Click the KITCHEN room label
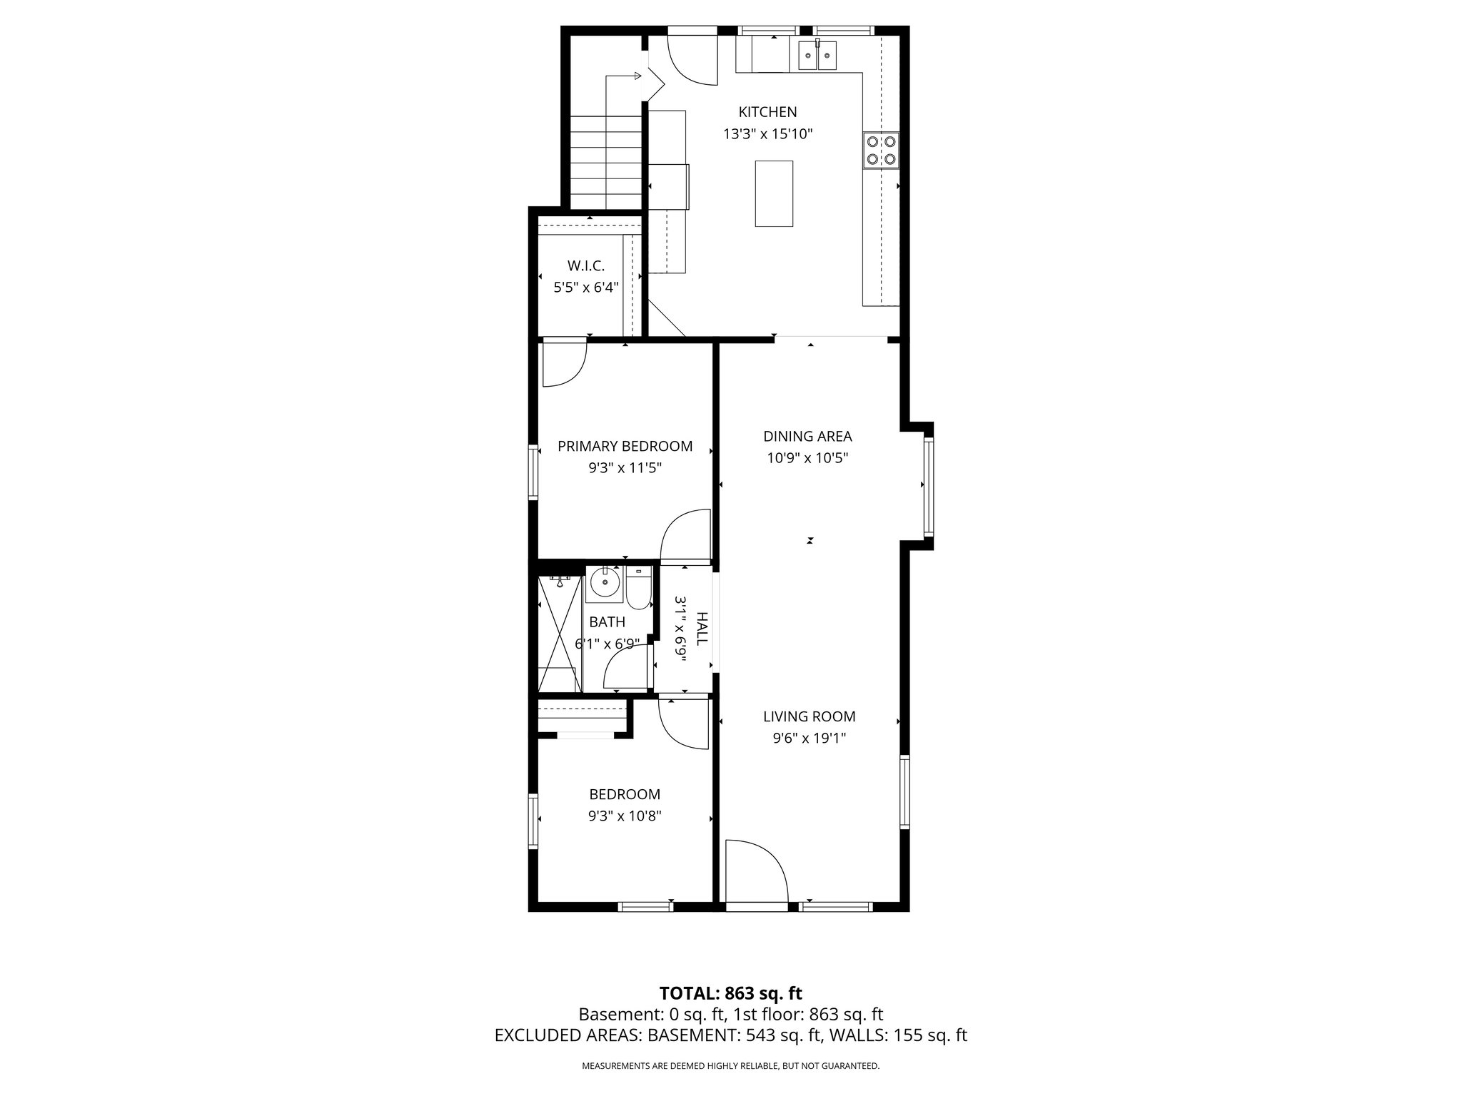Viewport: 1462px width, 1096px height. pyautogui.click(x=767, y=112)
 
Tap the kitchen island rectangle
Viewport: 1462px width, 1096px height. pyautogui.click(x=774, y=193)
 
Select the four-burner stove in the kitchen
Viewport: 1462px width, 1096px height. pyautogui.click(x=880, y=151)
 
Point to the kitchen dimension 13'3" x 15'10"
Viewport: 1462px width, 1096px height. pyautogui.click(x=767, y=134)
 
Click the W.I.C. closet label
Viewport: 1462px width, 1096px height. pyautogui.click(x=586, y=266)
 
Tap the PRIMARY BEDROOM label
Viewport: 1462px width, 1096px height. pyautogui.click(x=625, y=447)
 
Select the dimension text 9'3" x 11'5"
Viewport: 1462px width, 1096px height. pyautogui.click(x=625, y=469)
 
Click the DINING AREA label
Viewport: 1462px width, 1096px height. pyautogui.click(x=807, y=437)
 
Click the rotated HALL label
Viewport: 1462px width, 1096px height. pyautogui.click(x=702, y=628)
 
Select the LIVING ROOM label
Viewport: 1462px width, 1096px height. pyautogui.click(x=809, y=717)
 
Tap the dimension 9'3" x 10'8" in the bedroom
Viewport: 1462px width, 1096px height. pyautogui.click(x=625, y=816)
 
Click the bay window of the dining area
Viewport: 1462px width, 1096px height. pyautogui.click(x=928, y=487)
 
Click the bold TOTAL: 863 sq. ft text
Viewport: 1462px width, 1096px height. pyautogui.click(x=730, y=993)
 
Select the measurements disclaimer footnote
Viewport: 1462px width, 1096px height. pyautogui.click(x=730, y=1066)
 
